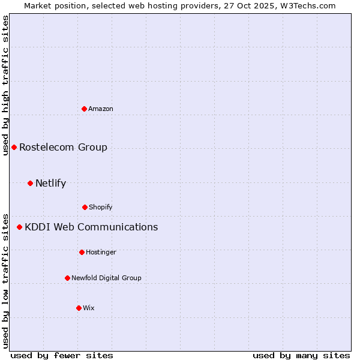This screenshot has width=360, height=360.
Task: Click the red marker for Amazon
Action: pyautogui.click(x=85, y=109)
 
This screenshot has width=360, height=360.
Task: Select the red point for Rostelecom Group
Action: pyautogui.click(x=14, y=147)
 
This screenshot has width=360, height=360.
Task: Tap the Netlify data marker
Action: pyautogui.click(x=30, y=183)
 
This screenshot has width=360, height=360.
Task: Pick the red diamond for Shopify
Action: pyautogui.click(x=85, y=207)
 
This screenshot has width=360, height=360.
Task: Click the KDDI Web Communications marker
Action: pyautogui.click(x=19, y=227)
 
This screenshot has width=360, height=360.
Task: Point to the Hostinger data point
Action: pyautogui.click(x=82, y=252)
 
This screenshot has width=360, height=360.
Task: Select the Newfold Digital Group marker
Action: pyautogui.click(x=67, y=278)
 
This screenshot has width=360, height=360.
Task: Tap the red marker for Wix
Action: pyautogui.click(x=79, y=308)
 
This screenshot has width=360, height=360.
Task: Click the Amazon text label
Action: pyautogui.click(x=101, y=109)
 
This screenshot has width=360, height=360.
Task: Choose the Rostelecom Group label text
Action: pyautogui.click(x=63, y=147)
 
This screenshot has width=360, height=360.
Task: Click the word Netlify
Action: pyautogui.click(x=50, y=183)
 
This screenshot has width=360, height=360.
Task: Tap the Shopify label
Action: pyautogui.click(x=101, y=207)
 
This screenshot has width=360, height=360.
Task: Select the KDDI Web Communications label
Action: pyautogui.click(x=91, y=227)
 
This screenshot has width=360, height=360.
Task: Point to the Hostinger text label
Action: pyautogui.click(x=101, y=252)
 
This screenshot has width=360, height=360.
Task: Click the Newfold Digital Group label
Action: pyautogui.click(x=106, y=278)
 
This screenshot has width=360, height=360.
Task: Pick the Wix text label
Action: pyautogui.click(x=89, y=308)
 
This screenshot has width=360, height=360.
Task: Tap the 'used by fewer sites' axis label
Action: pyautogui.click(x=62, y=355)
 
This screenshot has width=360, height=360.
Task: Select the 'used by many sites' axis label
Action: pyautogui.click(x=301, y=355)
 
